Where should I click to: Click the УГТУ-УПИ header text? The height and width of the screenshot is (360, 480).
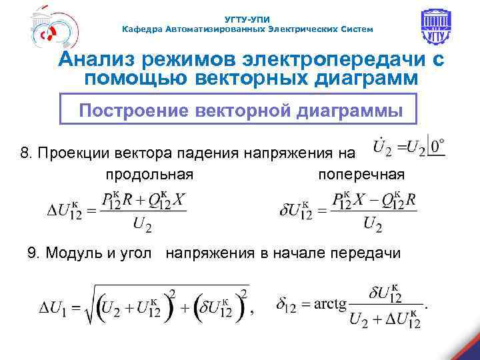(248, 19)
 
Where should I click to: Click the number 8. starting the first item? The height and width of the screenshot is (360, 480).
(26, 153)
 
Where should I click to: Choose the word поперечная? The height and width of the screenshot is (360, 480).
(361, 175)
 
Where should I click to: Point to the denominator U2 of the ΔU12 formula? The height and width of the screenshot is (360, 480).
(142, 225)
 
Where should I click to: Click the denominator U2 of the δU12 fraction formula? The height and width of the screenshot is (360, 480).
(373, 225)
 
